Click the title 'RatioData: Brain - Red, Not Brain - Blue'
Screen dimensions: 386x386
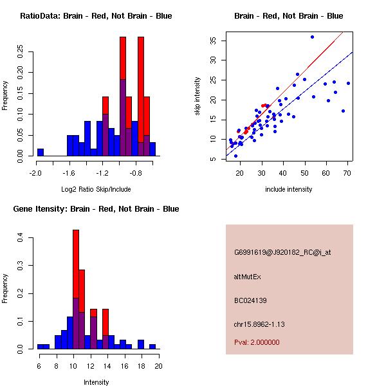(x=96, y=16)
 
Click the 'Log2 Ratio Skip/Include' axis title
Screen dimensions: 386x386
(x=96, y=190)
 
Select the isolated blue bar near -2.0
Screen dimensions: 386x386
(x=41, y=152)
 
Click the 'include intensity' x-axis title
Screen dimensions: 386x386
(x=289, y=190)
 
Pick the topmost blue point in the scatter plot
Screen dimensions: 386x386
(x=312, y=37)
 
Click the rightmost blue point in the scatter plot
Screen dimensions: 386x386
(x=348, y=83)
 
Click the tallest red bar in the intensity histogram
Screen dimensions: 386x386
(x=76, y=289)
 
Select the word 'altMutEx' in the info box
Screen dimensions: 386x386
(x=248, y=277)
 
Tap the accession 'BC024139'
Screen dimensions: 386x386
(x=250, y=300)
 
